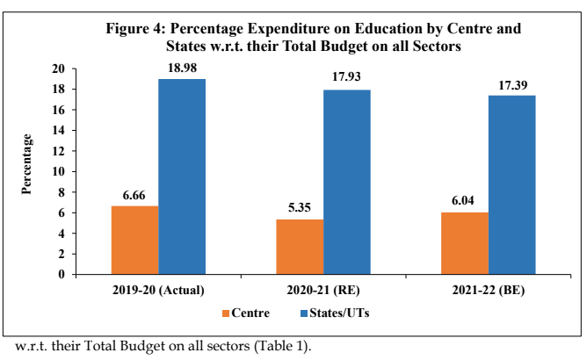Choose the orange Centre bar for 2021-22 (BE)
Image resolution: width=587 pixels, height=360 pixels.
click(466, 243)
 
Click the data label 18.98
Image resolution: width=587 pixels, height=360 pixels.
click(182, 68)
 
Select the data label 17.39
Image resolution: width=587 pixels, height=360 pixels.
click(512, 85)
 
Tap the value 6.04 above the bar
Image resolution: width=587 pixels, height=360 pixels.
click(466, 202)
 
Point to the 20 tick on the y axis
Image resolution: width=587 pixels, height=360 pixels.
click(59, 68)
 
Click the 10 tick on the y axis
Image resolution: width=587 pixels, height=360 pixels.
click(59, 171)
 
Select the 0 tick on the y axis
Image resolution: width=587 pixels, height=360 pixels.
click(62, 274)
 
